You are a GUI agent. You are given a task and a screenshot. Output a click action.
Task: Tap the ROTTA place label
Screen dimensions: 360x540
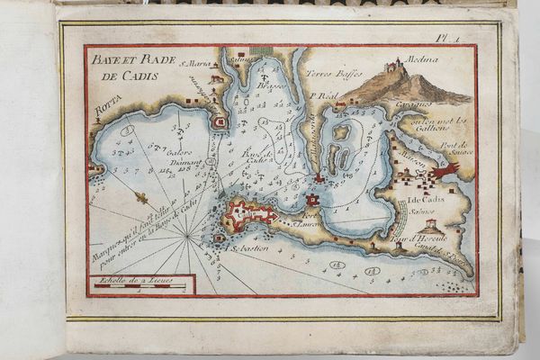[106, 112]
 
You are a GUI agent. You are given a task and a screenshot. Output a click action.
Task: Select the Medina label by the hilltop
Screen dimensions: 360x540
[422, 59]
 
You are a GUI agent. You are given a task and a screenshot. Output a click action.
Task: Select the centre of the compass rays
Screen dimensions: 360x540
[188, 236]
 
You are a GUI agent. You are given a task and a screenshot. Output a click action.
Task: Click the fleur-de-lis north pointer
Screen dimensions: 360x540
[139, 195]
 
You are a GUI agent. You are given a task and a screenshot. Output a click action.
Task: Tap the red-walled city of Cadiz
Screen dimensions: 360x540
[250, 213]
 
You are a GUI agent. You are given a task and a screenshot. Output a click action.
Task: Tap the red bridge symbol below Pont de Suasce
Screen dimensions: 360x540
[445, 169]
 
